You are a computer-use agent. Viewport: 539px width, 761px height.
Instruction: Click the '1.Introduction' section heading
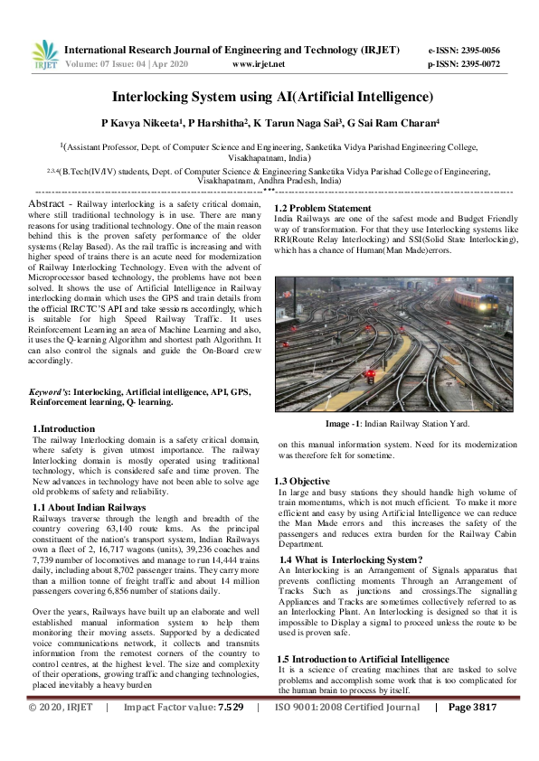(x=63, y=428)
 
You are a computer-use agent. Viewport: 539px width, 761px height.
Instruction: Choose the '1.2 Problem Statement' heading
(x=322, y=209)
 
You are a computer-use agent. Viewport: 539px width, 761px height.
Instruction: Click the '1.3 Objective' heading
(x=302, y=481)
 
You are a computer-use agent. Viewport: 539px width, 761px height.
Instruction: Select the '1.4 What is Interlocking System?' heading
(x=351, y=559)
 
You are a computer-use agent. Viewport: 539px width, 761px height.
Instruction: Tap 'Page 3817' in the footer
(x=473, y=733)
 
